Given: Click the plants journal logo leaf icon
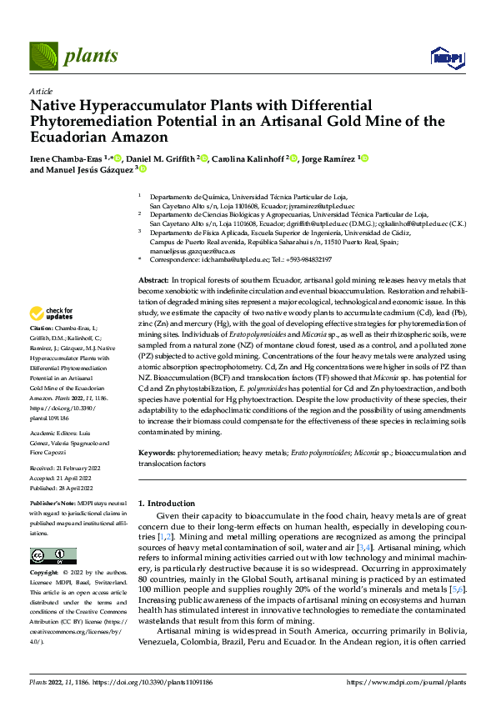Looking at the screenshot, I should [x=43, y=56].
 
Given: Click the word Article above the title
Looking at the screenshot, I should [x=41, y=90].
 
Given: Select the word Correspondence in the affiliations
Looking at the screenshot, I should [x=174, y=260].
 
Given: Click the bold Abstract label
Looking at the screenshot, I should [x=153, y=280].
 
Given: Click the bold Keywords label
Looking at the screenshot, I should [x=157, y=452].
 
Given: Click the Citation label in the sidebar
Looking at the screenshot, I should [x=43, y=330].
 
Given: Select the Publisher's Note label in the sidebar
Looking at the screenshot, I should [x=53, y=504].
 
